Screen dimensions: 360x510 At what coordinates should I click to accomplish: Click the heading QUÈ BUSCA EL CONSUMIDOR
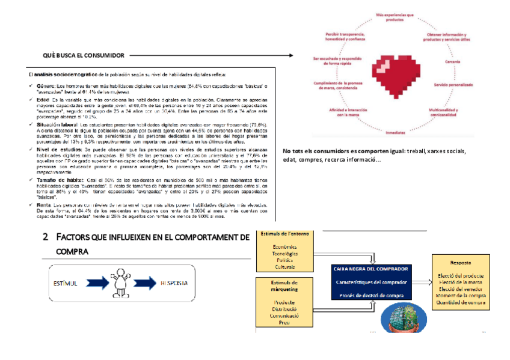(84, 56)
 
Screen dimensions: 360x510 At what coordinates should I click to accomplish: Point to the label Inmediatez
(395, 132)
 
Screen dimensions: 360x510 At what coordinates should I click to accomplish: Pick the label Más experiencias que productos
(394, 16)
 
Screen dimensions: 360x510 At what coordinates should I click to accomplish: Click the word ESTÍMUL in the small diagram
(66, 282)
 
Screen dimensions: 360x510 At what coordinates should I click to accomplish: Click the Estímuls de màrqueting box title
(285, 285)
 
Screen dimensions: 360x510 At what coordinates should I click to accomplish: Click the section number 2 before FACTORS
(45, 237)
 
